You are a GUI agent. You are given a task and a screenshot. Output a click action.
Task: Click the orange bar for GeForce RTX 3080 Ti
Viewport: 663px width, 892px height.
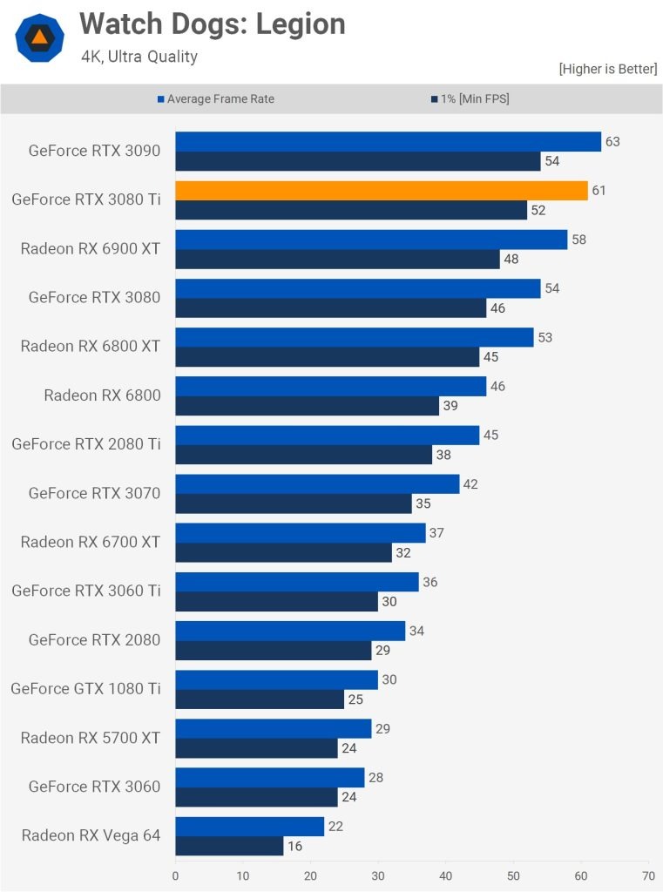pos(381,191)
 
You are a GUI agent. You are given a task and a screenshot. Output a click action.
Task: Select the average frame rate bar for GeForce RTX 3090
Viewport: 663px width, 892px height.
pos(388,142)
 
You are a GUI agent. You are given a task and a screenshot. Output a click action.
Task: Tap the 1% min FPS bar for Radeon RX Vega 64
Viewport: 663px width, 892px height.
pos(229,846)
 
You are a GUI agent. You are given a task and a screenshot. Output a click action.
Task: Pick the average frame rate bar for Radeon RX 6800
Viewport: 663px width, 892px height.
pos(330,386)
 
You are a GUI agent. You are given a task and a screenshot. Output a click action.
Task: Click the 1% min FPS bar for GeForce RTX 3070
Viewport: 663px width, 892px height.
pos(294,503)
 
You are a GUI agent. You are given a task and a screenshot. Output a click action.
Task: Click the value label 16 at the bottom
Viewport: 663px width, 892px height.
pos(295,846)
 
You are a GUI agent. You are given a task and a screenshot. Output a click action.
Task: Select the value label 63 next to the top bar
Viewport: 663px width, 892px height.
pos(612,141)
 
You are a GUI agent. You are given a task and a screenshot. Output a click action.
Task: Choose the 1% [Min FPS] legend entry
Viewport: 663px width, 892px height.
pos(470,99)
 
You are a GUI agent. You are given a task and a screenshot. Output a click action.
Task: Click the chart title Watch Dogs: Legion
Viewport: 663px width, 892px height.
pos(213,24)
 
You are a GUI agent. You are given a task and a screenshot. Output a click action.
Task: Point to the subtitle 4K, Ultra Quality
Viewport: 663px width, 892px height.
pos(139,57)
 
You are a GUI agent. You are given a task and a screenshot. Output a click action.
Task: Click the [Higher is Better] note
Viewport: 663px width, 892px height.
pos(608,69)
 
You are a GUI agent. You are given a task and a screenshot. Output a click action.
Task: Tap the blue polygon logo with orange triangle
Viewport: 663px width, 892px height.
pos(39,37)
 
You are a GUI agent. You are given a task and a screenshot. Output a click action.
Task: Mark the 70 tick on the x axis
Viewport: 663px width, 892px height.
pos(647,875)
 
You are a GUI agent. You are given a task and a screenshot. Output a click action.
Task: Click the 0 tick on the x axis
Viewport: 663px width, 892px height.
pos(175,875)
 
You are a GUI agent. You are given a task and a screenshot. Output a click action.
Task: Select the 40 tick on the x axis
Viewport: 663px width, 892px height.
pos(445,875)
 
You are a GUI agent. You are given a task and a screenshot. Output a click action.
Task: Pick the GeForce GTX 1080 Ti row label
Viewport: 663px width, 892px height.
pos(85,689)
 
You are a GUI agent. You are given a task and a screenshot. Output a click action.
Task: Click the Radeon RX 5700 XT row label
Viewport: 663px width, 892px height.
pos(91,738)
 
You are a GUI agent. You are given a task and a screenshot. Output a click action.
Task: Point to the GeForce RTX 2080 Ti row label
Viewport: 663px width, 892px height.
pos(85,444)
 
